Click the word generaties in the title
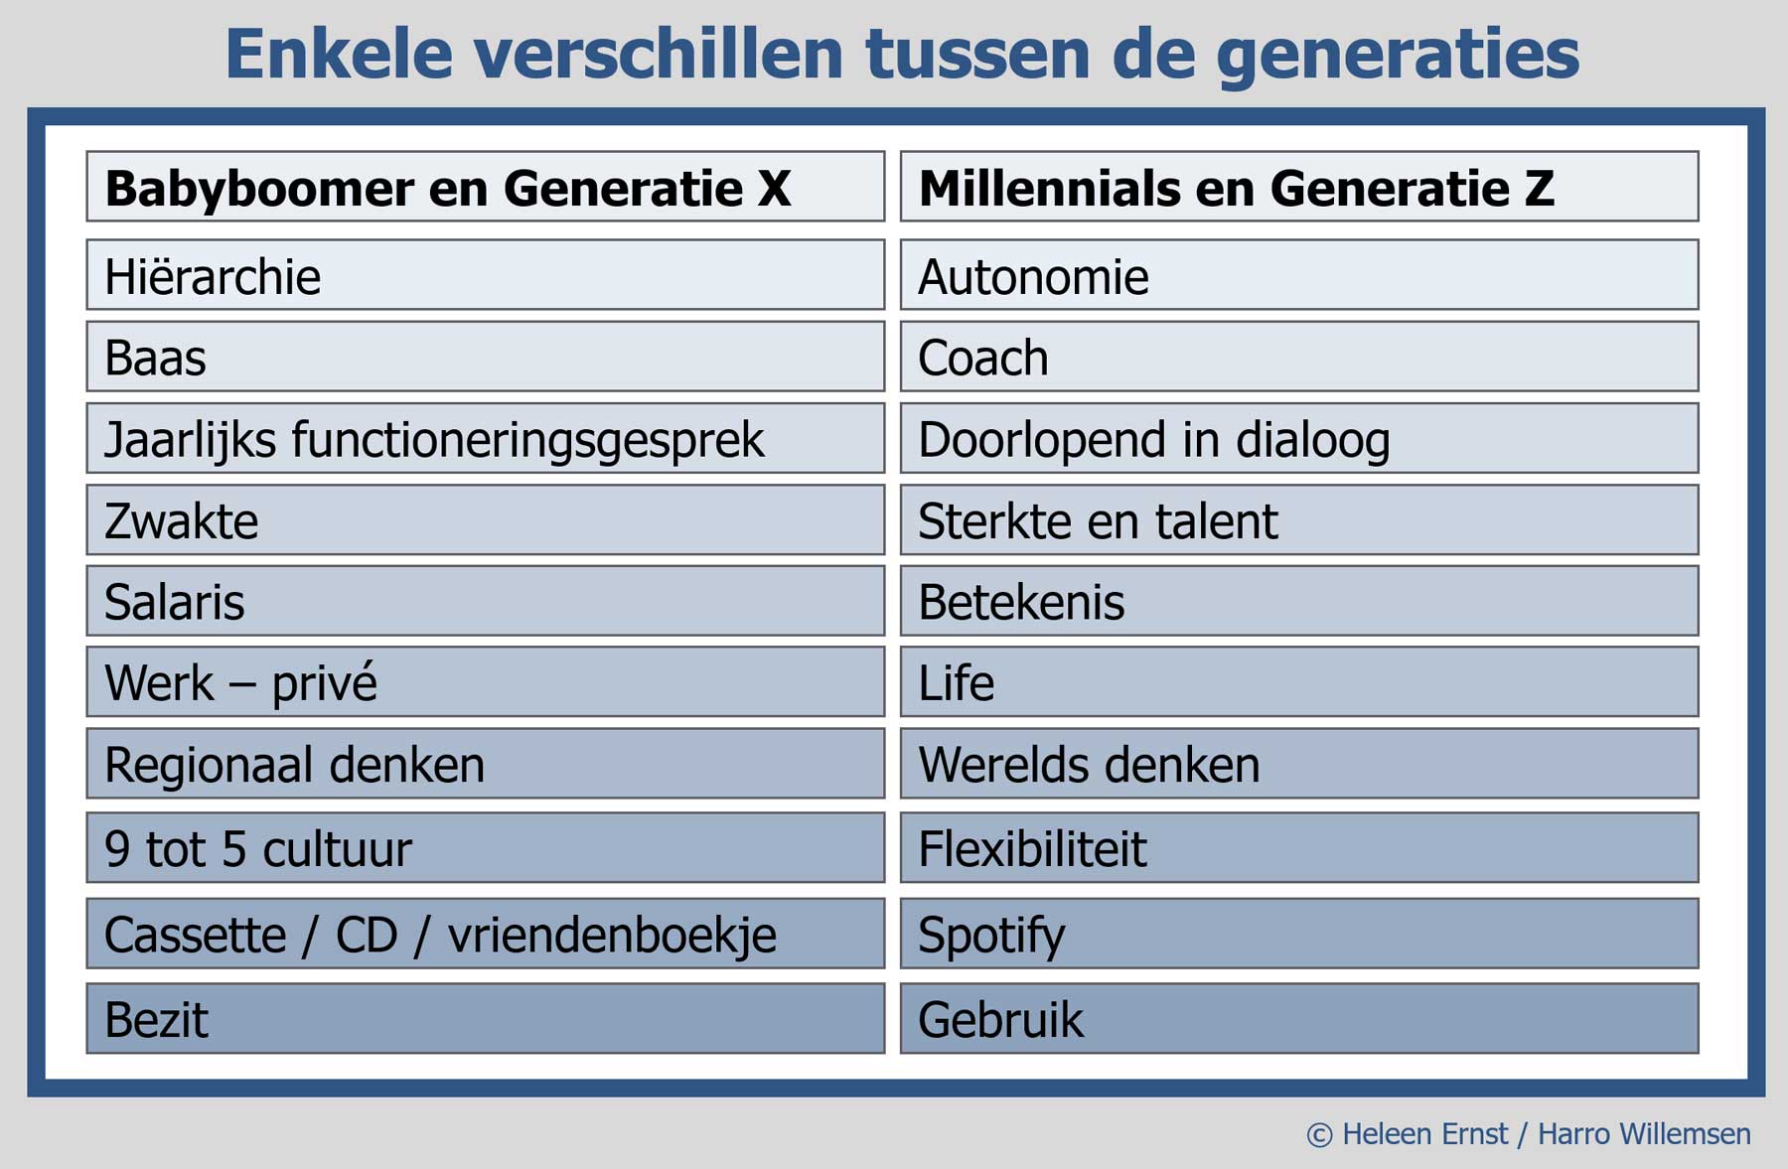(x=1398, y=56)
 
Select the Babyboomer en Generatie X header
(x=486, y=186)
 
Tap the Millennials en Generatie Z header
(x=1299, y=186)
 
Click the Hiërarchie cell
(x=486, y=275)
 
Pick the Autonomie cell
(x=1299, y=275)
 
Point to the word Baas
(x=155, y=358)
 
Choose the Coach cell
(x=1299, y=357)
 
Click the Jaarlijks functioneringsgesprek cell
(x=486, y=438)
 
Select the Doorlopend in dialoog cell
(x=1299, y=438)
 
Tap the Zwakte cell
(x=486, y=519)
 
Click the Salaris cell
(x=486, y=601)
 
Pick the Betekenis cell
(x=1299, y=601)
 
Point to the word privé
(x=325, y=683)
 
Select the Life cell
(x=1299, y=682)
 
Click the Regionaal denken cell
(x=486, y=764)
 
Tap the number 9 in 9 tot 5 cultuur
(x=117, y=849)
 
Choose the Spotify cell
(x=1299, y=934)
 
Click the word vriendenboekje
(x=612, y=936)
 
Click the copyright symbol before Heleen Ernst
(x=1319, y=1134)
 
